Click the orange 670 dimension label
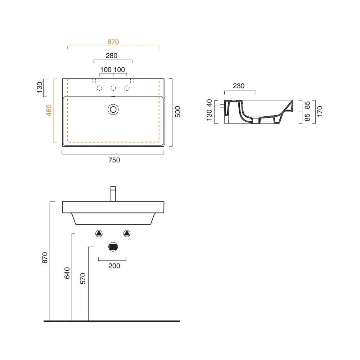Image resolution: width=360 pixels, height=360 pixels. pyautogui.click(x=113, y=42)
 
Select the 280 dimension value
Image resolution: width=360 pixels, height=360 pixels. pyautogui.click(x=112, y=55)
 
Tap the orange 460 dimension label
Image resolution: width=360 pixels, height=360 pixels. pyautogui.click(x=49, y=110)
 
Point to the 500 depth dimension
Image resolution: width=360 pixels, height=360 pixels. pyautogui.click(x=178, y=112)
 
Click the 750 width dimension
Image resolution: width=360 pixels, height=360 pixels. pyautogui.click(x=114, y=160)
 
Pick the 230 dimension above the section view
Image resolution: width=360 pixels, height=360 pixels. pyautogui.click(x=239, y=86)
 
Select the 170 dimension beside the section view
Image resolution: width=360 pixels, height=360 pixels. pyautogui.click(x=320, y=111)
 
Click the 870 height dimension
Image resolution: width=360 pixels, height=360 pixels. pyautogui.click(x=45, y=258)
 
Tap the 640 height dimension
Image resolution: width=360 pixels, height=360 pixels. pyautogui.click(x=67, y=273)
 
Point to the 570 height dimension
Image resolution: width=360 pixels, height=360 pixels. pyautogui.click(x=83, y=279)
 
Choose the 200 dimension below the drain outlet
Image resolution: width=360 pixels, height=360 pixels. pyautogui.click(x=114, y=266)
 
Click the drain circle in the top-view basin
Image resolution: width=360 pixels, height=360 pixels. pyautogui.click(x=113, y=109)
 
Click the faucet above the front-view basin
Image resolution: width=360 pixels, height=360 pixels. pyautogui.click(x=113, y=194)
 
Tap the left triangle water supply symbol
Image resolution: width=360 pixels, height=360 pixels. pyautogui.click(x=99, y=234)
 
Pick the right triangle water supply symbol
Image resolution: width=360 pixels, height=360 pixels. pyautogui.click(x=127, y=234)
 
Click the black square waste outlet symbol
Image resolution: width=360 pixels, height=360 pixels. pyautogui.click(x=113, y=247)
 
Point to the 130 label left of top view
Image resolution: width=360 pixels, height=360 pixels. pyautogui.click(x=40, y=87)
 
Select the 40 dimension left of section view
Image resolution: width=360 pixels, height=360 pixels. pyautogui.click(x=209, y=103)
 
